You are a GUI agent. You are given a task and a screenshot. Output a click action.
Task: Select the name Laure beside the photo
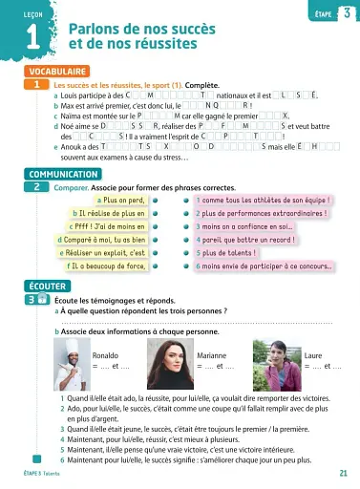pyautogui.click(x=316, y=355)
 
